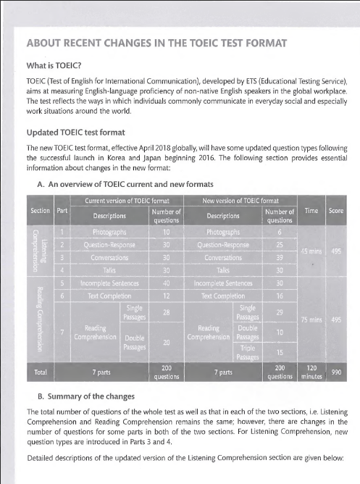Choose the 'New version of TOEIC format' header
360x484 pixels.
tap(238, 199)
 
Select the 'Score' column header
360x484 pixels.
tap(336, 210)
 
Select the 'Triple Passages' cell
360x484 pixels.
tap(246, 352)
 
